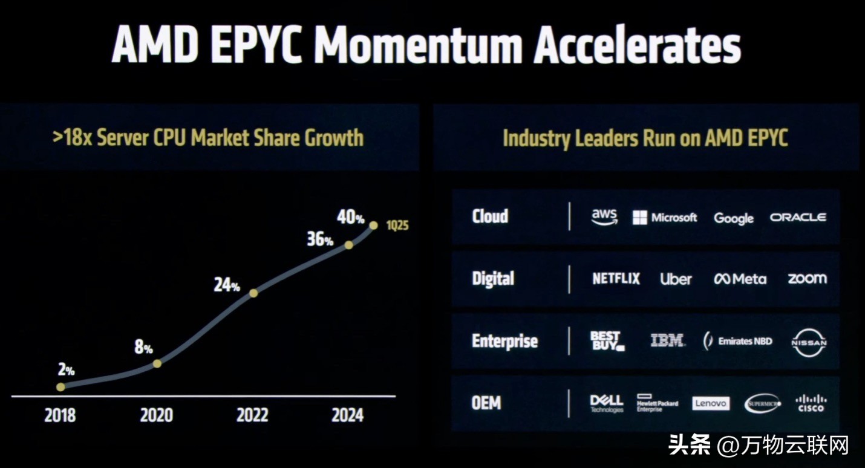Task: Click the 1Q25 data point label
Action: click(x=398, y=226)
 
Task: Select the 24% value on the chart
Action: click(x=227, y=285)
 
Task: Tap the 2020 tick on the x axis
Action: click(x=156, y=416)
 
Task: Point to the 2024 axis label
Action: click(x=348, y=416)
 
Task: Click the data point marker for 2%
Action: click(x=60, y=386)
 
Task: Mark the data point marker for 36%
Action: click(x=348, y=245)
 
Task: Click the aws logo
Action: click(x=604, y=217)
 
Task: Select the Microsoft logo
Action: click(x=665, y=218)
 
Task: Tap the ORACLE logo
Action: click(x=798, y=217)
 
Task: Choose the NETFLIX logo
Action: click(x=616, y=279)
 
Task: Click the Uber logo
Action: click(x=676, y=279)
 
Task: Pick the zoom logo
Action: click(x=807, y=278)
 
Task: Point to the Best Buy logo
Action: click(x=607, y=341)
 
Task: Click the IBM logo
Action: click(x=667, y=340)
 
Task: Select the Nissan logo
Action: click(x=809, y=343)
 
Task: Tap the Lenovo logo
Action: click(x=711, y=403)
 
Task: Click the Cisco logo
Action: click(x=811, y=403)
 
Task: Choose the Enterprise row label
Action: click(x=504, y=341)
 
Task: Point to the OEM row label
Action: click(x=486, y=403)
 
